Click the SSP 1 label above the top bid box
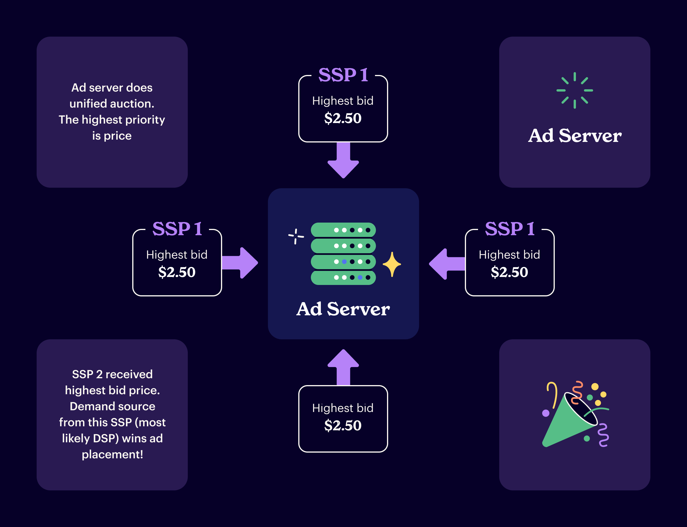point(343,75)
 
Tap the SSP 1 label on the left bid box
point(177,229)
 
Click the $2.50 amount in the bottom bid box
point(343,425)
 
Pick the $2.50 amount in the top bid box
point(343,118)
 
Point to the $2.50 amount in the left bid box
point(177,272)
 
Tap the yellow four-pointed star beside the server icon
point(392,264)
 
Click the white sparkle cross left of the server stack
point(296,236)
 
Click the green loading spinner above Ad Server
point(574,90)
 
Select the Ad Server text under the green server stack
point(343,309)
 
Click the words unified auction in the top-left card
point(112,104)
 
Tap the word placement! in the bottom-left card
point(112,454)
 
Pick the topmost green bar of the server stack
point(343,230)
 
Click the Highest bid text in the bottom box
point(343,408)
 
